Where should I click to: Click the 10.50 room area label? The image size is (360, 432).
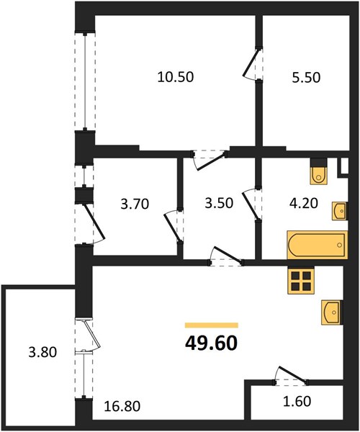[x=176, y=77]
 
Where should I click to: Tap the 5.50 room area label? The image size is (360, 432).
[x=306, y=78]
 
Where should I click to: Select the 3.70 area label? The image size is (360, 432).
[x=135, y=204]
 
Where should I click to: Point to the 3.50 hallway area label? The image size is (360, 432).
[x=219, y=203]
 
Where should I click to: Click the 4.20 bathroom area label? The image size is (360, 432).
[x=304, y=203]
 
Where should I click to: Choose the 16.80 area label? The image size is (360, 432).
[x=122, y=406]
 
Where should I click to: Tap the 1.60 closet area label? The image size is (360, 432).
[x=297, y=401]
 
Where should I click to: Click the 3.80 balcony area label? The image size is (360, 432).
[x=42, y=352]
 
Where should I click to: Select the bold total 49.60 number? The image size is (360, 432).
[x=211, y=343]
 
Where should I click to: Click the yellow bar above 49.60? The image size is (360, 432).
[x=212, y=325]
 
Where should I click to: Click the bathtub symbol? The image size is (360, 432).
[x=318, y=246]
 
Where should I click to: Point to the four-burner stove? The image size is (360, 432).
[x=301, y=281]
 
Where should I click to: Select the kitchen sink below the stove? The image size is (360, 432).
[x=332, y=312]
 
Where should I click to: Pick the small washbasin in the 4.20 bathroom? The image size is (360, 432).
[x=340, y=211]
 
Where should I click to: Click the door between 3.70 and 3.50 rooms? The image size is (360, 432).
[x=174, y=226]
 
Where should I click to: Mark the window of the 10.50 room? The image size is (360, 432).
[x=85, y=81]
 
